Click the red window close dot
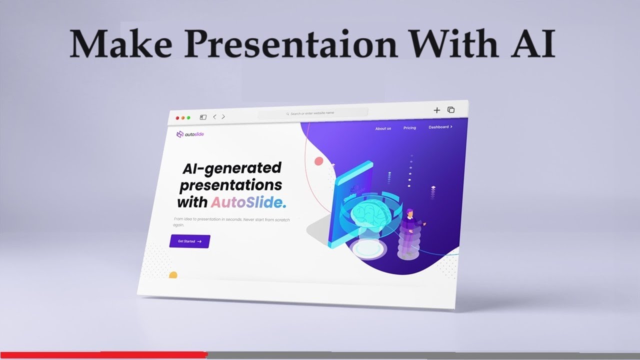(x=177, y=118)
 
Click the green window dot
(x=188, y=118)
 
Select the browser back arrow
(x=214, y=117)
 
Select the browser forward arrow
(x=223, y=117)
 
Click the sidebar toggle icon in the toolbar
(x=203, y=117)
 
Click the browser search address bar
(x=312, y=113)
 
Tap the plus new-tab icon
(x=436, y=110)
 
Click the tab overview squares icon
(x=451, y=110)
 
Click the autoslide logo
(x=190, y=134)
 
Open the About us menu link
(x=383, y=128)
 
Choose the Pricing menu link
(x=409, y=128)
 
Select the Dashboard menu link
(x=440, y=127)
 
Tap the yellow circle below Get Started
(x=173, y=275)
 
